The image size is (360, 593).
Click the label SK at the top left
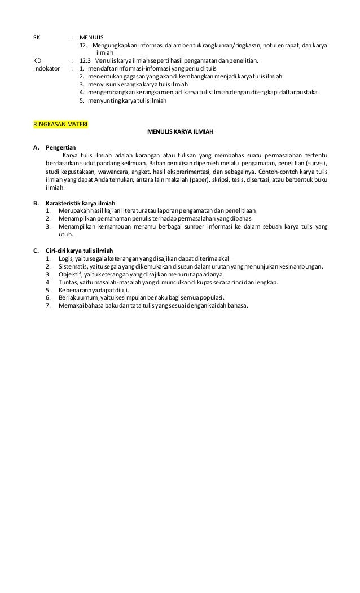point(37,37)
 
